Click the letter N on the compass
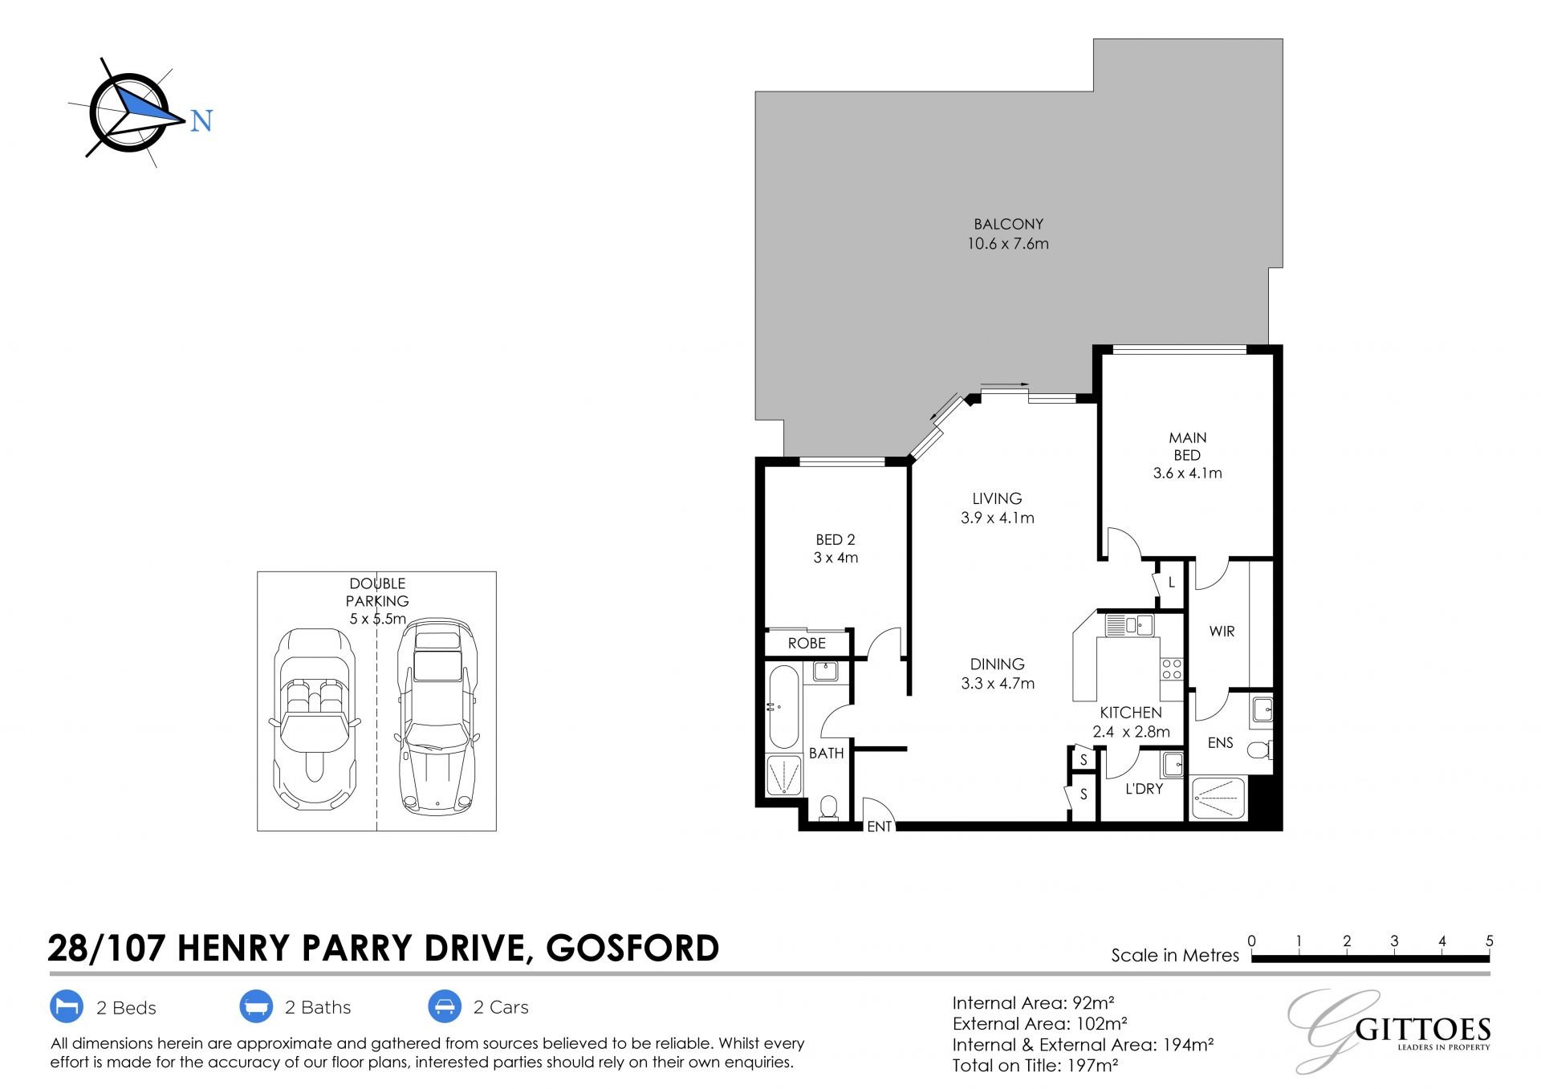click(x=201, y=120)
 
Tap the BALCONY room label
click(x=1008, y=224)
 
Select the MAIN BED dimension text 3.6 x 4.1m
click(x=1187, y=473)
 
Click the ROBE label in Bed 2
click(x=807, y=643)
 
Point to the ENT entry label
click(x=880, y=826)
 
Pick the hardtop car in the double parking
click(x=437, y=715)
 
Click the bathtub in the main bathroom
click(x=783, y=705)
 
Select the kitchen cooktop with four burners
click(x=1171, y=668)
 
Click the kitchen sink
click(x=1128, y=624)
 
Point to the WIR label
click(x=1222, y=632)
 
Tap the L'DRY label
click(x=1144, y=789)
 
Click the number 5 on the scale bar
click(x=1490, y=941)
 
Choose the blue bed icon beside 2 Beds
click(x=67, y=1006)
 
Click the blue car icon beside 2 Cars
click(x=445, y=1006)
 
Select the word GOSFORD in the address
click(x=632, y=948)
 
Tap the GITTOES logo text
click(x=1423, y=1030)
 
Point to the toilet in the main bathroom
click(x=828, y=807)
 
